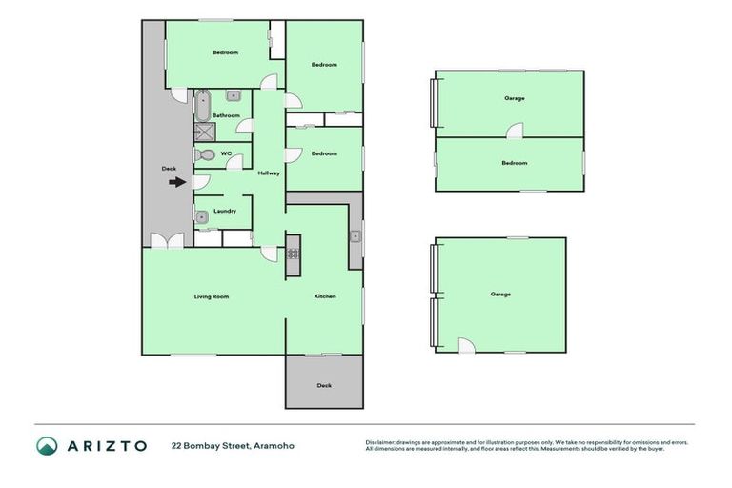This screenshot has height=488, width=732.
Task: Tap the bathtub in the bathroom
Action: pos(202,105)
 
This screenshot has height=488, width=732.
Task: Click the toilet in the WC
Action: pos(204,154)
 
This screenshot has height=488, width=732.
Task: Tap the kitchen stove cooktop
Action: pos(294,254)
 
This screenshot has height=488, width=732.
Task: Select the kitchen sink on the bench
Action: pos(354,236)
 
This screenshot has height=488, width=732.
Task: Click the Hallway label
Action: pos(269,173)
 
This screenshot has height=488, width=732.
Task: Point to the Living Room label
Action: pos(212,296)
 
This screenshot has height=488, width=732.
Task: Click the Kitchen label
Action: pos(325,296)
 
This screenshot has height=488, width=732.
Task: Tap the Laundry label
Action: pos(225,211)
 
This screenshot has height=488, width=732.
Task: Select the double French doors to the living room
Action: pos(167,241)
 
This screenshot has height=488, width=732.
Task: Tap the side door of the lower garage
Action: pos(466,346)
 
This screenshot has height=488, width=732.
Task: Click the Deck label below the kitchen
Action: pos(324,385)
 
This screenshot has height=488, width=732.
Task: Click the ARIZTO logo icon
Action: pos(47,445)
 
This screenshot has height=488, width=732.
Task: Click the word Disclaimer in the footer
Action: pos(381,442)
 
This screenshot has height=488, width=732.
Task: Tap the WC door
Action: pos(233,163)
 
